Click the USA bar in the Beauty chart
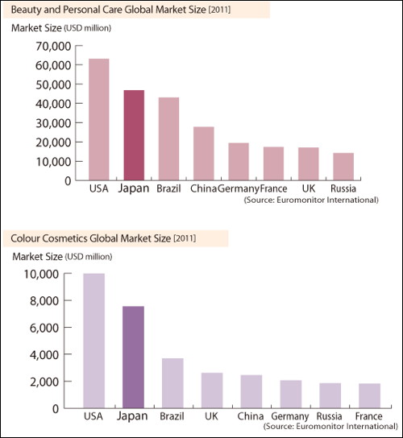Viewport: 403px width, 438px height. coord(98,119)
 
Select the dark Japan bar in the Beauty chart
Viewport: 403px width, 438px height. coord(134,135)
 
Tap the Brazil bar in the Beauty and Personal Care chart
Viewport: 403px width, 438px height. coord(168,138)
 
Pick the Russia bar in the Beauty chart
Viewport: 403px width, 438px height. coord(343,167)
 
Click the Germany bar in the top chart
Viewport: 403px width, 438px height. coord(239,162)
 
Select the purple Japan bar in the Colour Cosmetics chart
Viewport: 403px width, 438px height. coord(134,357)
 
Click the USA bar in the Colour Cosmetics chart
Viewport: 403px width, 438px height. coord(94,341)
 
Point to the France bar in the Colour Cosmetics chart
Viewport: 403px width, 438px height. coord(369,396)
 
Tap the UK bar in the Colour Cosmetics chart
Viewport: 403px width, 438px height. coord(212,390)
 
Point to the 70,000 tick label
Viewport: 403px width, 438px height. coord(53,47)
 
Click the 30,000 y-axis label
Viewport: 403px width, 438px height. coord(53,123)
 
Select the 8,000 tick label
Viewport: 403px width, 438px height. coord(44,301)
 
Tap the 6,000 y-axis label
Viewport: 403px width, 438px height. coord(44,328)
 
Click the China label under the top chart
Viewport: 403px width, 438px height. coord(203,188)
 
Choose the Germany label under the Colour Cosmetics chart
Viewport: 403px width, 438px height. coord(290,416)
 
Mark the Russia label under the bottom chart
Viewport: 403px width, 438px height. coord(329,416)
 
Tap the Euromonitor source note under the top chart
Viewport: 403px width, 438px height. coord(311,200)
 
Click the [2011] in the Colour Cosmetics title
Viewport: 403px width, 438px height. coord(185,238)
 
